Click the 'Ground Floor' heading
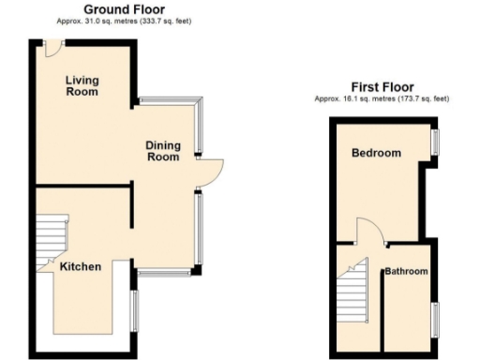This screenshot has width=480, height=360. tap(112, 10)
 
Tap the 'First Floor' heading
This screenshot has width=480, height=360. tap(382, 85)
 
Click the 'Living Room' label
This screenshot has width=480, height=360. tap(82, 86)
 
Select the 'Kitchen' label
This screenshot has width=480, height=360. tap(81, 267)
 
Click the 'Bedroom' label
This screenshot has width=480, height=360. tap(376, 153)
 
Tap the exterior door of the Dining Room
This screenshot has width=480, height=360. tap(210, 170)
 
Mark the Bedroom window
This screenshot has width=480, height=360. tap(434, 142)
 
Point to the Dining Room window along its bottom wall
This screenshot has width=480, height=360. tap(165, 272)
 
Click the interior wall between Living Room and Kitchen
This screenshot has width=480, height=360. tap(82, 187)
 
